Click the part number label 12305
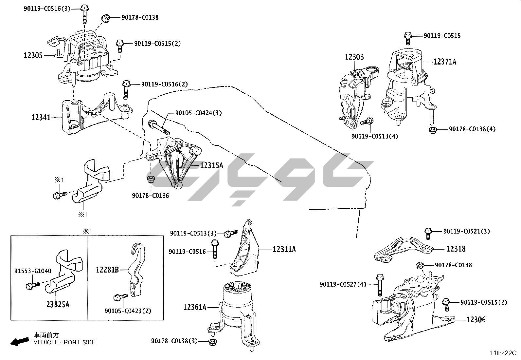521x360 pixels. pos(33,55)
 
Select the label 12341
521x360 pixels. pos(41,117)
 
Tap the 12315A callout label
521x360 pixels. pos(211,165)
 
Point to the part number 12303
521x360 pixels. pos(354,57)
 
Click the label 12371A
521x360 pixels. pos(445,62)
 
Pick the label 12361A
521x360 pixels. pos(195,307)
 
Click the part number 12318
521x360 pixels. pos(456,249)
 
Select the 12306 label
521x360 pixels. pos(476,319)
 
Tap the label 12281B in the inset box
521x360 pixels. pos(107,270)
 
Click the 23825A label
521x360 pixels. pos(58,305)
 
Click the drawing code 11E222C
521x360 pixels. pos(503,353)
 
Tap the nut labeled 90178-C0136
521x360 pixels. pos(151,179)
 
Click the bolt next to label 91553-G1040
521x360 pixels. pos(32,286)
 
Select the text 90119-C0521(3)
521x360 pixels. pos(466,231)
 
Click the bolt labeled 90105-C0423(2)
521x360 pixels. pos(119,297)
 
